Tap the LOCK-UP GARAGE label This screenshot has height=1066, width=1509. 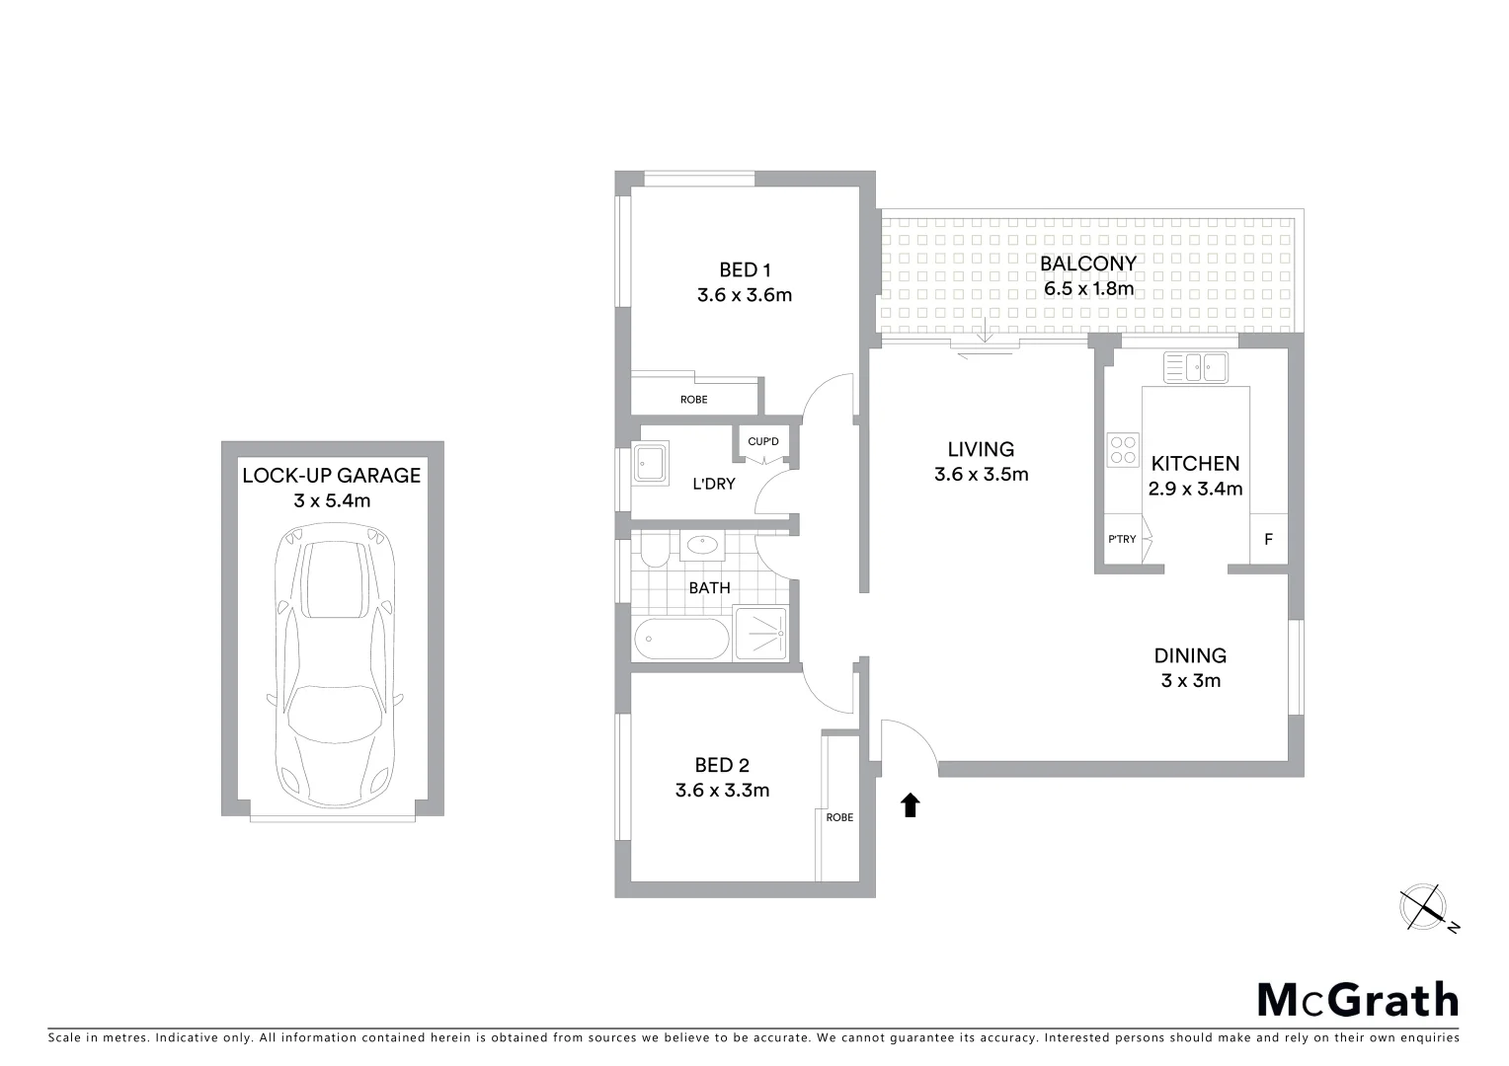click(x=332, y=476)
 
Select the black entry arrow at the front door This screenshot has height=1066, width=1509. click(x=911, y=805)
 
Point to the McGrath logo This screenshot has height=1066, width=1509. click(x=1357, y=1000)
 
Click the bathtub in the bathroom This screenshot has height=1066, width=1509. click(x=680, y=639)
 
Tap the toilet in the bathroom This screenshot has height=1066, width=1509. click(x=653, y=552)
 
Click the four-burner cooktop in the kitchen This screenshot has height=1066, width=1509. click(x=1124, y=450)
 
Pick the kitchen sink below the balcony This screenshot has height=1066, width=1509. click(x=1195, y=367)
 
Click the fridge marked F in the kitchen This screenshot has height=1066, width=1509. click(x=1269, y=540)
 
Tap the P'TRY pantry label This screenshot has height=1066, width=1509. click(x=1122, y=539)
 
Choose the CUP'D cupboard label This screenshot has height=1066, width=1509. click(x=763, y=441)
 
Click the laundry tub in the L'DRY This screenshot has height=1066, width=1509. click(x=651, y=461)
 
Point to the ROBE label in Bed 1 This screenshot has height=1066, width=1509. click(x=693, y=400)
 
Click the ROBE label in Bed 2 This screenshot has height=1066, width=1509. click(x=839, y=817)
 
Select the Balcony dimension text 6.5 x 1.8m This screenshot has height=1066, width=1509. click(x=1088, y=290)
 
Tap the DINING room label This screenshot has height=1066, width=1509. click(x=1190, y=655)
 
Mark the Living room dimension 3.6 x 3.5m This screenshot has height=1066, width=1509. click(x=981, y=475)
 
